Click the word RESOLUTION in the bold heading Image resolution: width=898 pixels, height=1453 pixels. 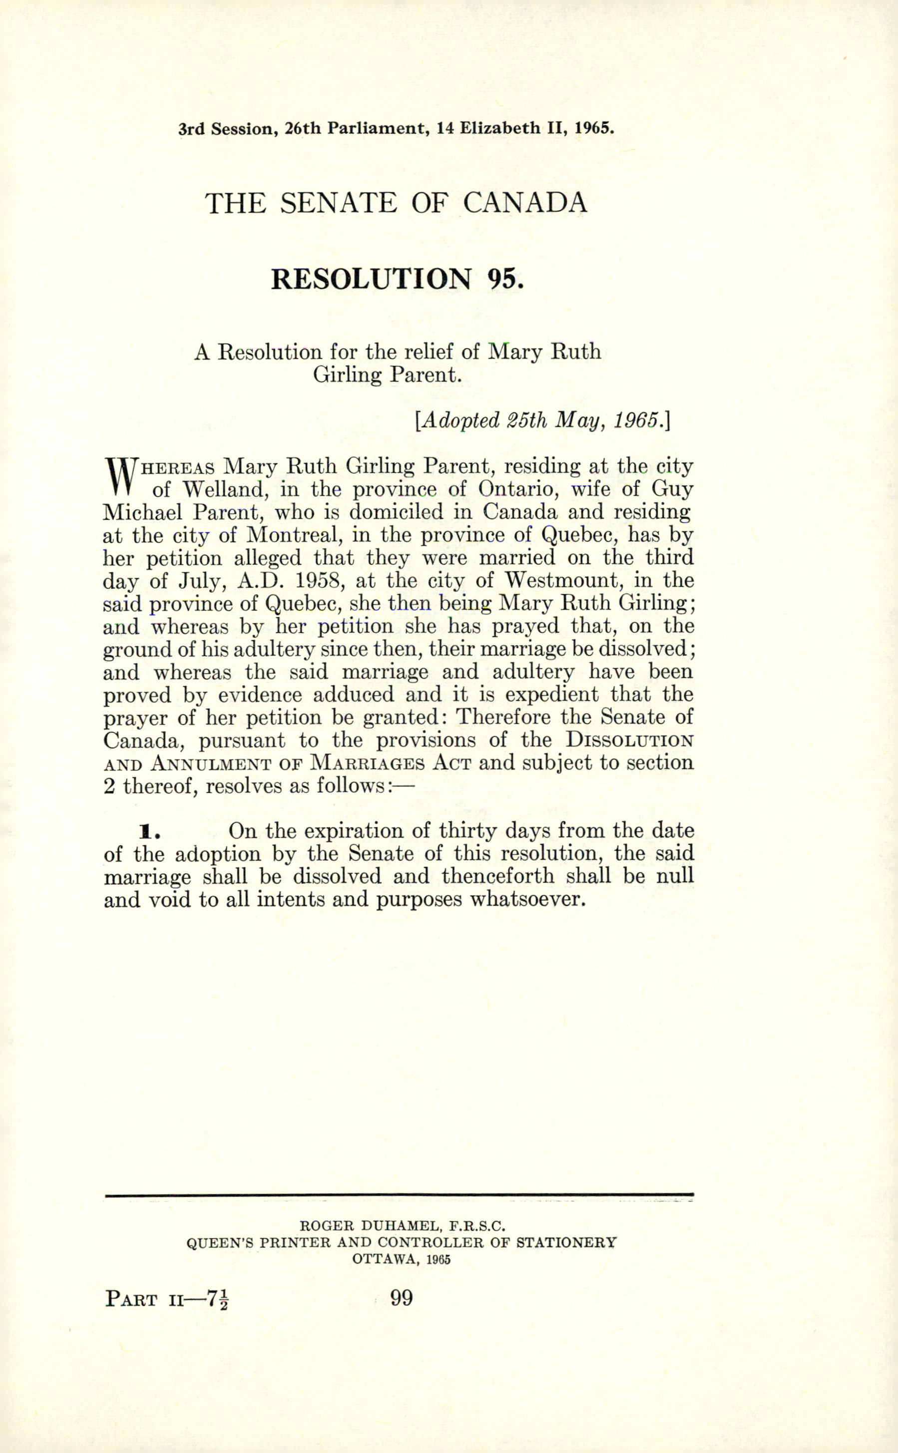coord(371,279)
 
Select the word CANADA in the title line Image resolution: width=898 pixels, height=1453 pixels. coord(524,204)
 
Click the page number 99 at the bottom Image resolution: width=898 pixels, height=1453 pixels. coord(401,1299)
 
